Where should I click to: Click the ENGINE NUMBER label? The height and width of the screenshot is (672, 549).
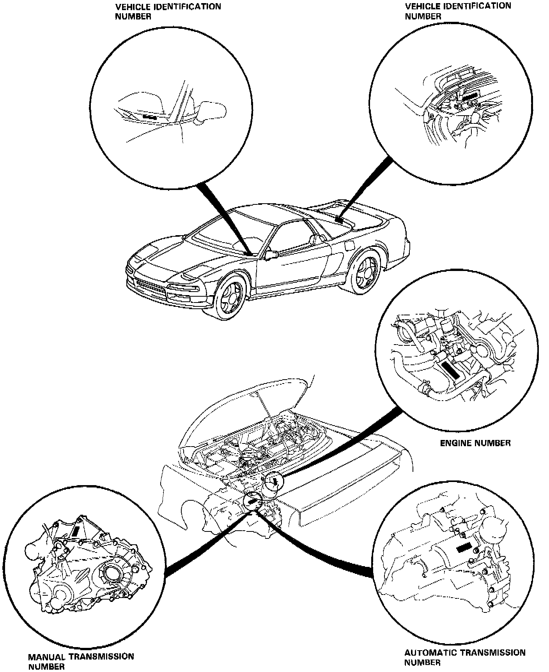(x=475, y=443)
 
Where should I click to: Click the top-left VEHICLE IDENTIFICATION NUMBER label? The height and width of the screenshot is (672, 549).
(x=168, y=11)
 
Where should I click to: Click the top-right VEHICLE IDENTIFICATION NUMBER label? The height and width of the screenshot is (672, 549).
(x=458, y=11)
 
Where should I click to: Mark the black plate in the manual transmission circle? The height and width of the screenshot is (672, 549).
(x=76, y=531)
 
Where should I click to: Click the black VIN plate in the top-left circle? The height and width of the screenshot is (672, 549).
(x=149, y=116)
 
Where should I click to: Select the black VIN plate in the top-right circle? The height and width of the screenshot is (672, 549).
(x=470, y=96)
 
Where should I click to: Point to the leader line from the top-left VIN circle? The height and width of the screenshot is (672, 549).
(x=222, y=218)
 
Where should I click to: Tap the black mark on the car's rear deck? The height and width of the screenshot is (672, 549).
(x=339, y=220)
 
